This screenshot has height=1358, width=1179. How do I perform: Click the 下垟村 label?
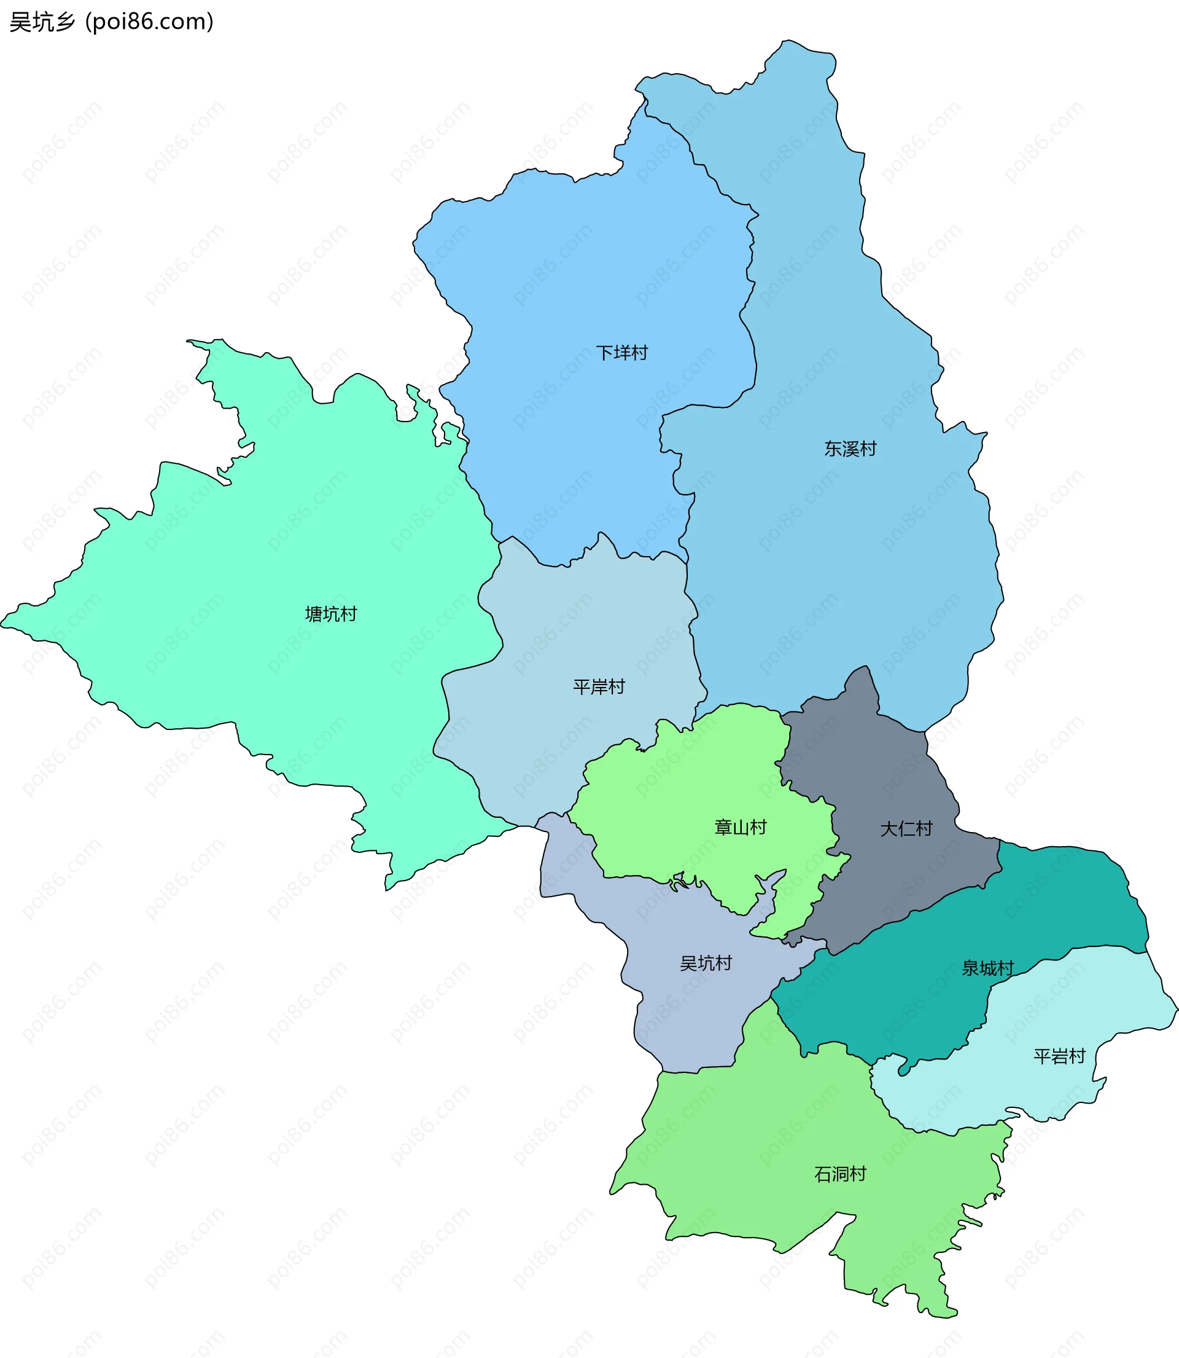click(621, 353)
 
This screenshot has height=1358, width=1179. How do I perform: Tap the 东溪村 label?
click(850, 449)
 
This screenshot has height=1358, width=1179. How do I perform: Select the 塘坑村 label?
click(331, 614)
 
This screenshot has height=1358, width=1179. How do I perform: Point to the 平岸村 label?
click(599, 687)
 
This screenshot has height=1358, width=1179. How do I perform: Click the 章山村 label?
click(741, 828)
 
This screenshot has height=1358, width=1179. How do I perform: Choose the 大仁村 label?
click(906, 829)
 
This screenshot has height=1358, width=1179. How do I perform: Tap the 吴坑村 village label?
click(706, 964)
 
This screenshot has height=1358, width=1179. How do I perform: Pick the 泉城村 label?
click(987, 968)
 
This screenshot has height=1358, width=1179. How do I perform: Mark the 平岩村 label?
click(1059, 1056)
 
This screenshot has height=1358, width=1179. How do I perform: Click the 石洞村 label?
click(840, 1174)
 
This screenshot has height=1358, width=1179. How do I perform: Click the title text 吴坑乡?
click(43, 22)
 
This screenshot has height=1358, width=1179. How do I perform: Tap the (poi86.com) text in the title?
click(150, 22)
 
